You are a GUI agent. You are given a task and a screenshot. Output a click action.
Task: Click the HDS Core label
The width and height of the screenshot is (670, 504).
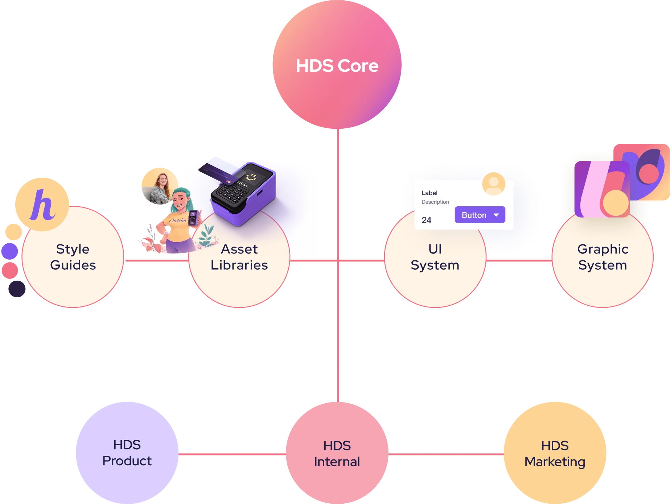click(337, 66)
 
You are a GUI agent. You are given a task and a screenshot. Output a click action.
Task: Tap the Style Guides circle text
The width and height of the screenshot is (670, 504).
click(73, 257)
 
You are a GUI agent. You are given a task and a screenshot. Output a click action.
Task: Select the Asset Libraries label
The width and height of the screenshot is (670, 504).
click(239, 257)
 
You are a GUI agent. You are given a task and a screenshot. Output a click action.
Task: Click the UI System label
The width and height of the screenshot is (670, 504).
click(435, 257)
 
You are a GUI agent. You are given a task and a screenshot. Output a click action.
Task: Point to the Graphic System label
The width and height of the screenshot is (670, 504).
click(603, 257)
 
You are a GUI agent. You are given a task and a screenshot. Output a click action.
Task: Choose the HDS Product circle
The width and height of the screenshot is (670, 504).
click(127, 453)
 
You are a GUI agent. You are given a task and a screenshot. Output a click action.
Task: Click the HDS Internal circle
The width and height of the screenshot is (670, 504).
click(337, 454)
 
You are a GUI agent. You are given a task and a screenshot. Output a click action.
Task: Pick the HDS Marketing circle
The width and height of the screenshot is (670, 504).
click(555, 454)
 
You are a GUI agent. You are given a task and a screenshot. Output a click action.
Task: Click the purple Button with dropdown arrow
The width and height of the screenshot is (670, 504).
click(480, 215)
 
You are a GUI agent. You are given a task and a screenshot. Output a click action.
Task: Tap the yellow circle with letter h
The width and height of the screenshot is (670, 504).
click(42, 205)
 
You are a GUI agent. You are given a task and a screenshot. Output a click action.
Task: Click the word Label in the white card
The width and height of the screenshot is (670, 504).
click(429, 193)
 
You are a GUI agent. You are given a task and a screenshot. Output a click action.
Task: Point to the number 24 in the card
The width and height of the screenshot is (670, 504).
click(427, 220)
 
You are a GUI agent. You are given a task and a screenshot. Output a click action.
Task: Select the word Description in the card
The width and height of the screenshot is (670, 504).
click(435, 202)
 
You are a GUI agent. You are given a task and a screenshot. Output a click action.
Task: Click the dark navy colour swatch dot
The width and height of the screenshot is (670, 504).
click(16, 289)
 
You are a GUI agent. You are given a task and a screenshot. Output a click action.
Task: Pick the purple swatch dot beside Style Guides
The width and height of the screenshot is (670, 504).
click(10, 251)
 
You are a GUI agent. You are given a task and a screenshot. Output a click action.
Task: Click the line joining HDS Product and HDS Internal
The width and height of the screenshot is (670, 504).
click(232, 454)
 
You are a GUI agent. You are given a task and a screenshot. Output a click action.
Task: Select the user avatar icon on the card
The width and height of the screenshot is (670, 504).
click(494, 184)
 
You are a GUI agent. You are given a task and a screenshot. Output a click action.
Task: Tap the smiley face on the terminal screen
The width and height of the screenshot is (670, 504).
click(251, 177)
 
